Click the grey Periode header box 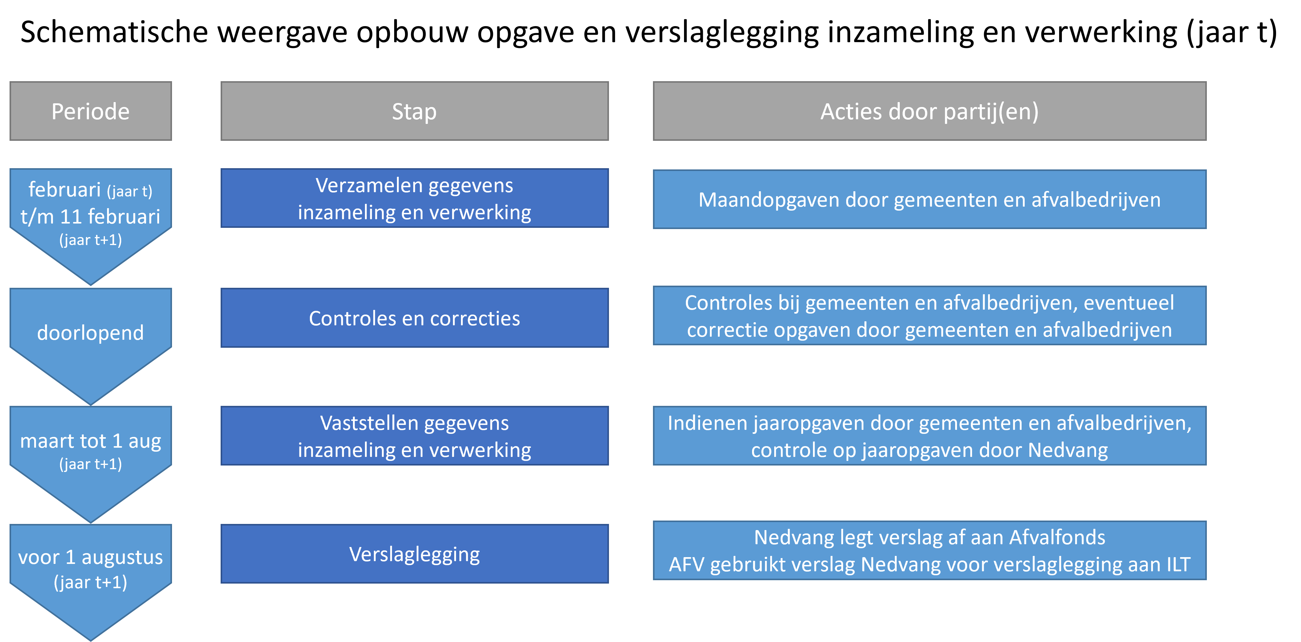[90, 111]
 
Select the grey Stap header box [415, 111]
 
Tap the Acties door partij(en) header [930, 111]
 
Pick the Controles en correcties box [415, 318]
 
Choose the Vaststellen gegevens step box [415, 436]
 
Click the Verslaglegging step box [415, 554]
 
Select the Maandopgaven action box [930, 199]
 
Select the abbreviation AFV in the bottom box [687, 565]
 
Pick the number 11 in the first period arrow [71, 217]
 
